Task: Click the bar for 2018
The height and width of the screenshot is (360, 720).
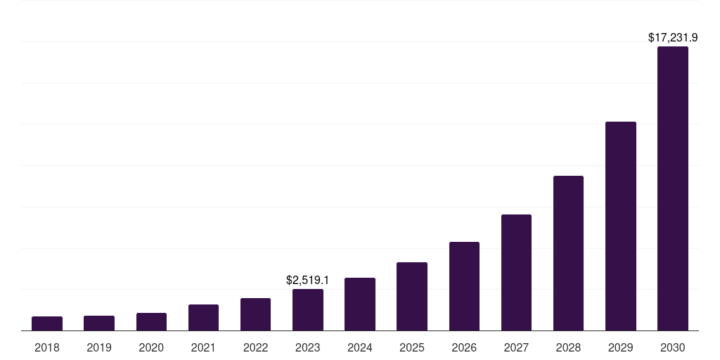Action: tap(47, 323)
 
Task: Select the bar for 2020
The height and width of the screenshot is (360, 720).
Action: tap(151, 322)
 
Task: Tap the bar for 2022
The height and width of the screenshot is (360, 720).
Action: tap(255, 314)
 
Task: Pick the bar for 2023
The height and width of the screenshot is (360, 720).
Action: tap(308, 310)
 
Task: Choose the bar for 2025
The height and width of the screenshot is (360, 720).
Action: tap(412, 297)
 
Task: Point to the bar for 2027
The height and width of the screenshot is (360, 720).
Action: tap(516, 273)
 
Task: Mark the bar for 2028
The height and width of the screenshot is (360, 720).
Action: tap(568, 253)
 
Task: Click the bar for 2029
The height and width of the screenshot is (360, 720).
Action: tap(621, 226)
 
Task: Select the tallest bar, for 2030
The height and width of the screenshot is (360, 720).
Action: tap(673, 188)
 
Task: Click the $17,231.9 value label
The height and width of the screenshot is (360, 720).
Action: tap(673, 37)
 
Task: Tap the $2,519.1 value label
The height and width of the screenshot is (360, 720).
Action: tap(308, 280)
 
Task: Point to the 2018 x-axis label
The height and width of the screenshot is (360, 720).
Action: tap(47, 347)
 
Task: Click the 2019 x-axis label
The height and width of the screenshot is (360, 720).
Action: tap(99, 347)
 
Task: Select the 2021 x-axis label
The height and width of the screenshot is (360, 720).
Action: tap(203, 347)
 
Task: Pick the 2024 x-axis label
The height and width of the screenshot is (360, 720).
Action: tap(360, 347)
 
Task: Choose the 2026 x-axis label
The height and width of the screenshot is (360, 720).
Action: tap(464, 347)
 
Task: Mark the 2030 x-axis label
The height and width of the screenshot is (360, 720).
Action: tap(673, 347)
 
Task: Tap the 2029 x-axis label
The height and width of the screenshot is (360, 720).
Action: tap(621, 347)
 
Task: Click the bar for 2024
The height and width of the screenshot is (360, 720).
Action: tap(360, 304)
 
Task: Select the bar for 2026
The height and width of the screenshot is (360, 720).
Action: tap(464, 286)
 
